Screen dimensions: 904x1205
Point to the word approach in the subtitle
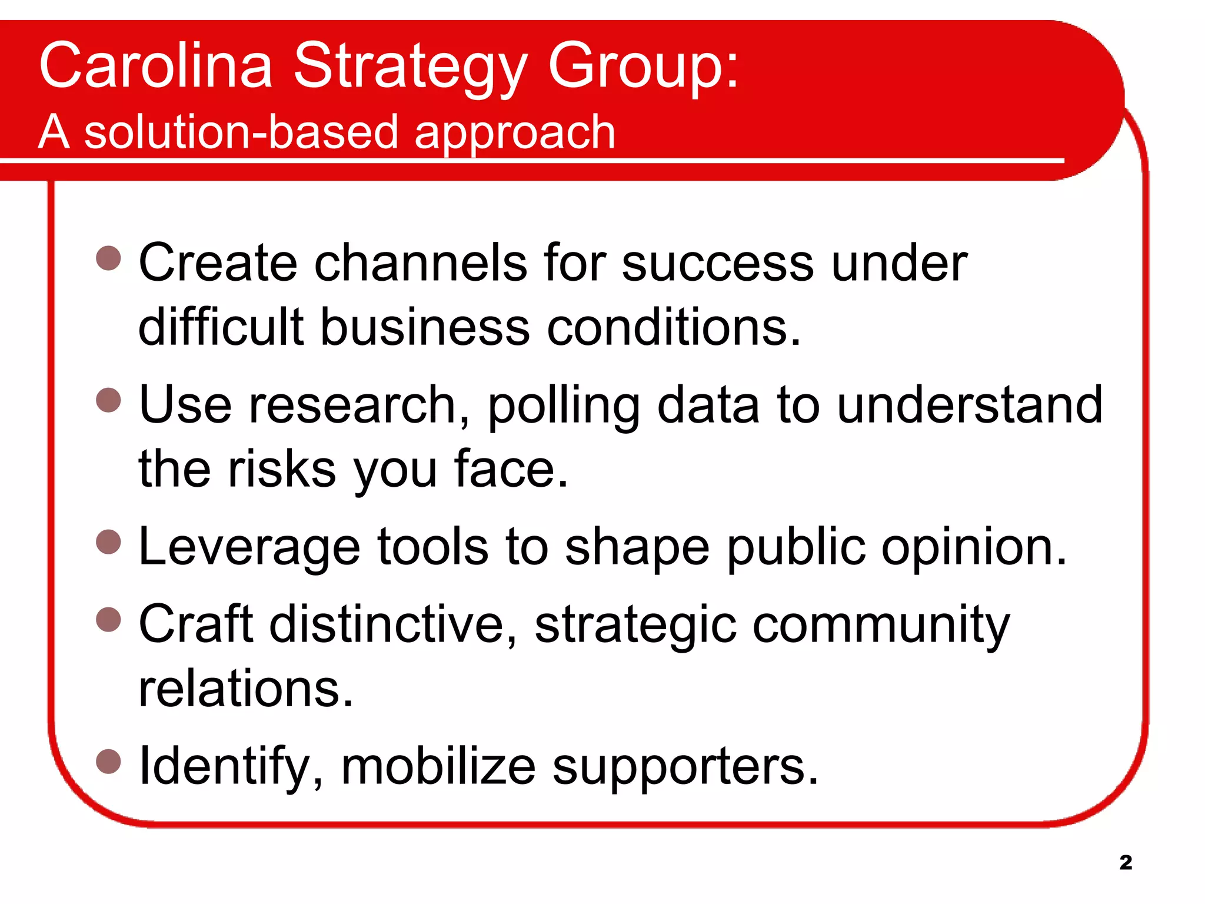tap(514, 133)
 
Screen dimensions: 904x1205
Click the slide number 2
tap(1126, 862)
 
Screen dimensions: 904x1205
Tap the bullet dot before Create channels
tap(108, 258)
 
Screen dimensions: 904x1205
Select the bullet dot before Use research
tap(108, 400)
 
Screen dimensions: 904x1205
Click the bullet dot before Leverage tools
tap(108, 542)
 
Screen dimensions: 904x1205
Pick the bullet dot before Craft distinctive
tap(108, 619)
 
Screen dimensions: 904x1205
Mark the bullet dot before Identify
tap(108, 761)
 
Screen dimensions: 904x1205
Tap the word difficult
tap(221, 327)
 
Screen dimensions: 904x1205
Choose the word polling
tap(563, 406)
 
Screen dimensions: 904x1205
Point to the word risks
tap(281, 469)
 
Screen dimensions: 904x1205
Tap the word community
tap(881, 626)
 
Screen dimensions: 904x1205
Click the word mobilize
tap(438, 767)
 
